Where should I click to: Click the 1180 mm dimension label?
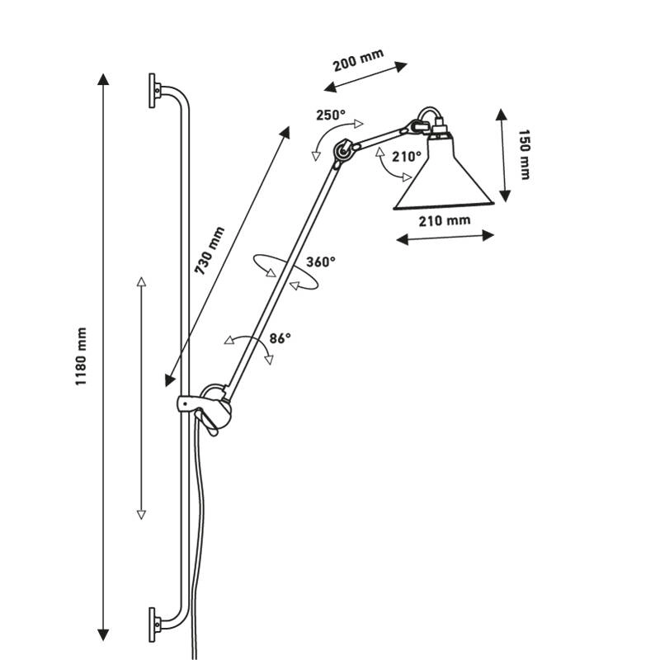coord(81,357)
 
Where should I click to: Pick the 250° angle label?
coord(330,115)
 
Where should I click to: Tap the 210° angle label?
coord(406,155)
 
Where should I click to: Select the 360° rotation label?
coord(321,262)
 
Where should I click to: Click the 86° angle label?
coord(280,337)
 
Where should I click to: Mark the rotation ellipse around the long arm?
coord(285,271)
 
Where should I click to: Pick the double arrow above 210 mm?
coord(445,238)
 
